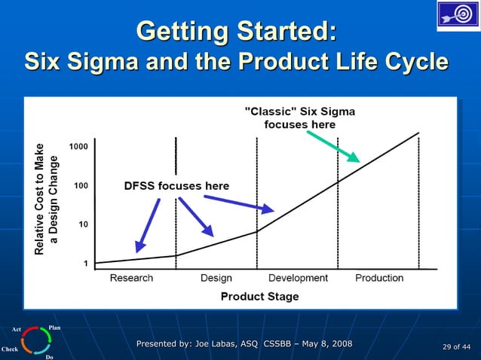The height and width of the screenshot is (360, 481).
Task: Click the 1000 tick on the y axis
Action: pos(78,145)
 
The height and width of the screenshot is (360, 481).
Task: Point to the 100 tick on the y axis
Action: pos(80,185)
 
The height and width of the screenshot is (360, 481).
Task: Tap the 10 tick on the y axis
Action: pos(83,224)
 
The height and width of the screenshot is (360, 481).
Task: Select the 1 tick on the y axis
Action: pos(86,264)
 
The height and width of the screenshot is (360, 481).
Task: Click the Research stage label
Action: pos(131,278)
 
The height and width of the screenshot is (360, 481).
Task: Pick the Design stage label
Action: pos(216,278)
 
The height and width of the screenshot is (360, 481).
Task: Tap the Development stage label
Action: pos(298,278)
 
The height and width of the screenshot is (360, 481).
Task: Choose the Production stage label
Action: pos(379,278)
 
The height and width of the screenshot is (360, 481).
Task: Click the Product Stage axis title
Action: pos(259,297)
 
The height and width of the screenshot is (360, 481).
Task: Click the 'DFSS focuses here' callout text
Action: pos(176,186)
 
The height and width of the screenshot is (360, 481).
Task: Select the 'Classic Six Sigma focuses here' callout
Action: pos(299,118)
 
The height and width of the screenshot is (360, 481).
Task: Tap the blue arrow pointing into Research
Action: pos(149,224)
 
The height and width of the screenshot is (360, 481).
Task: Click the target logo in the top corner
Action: pos(458,16)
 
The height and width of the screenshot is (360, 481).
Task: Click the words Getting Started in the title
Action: pos(236,32)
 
